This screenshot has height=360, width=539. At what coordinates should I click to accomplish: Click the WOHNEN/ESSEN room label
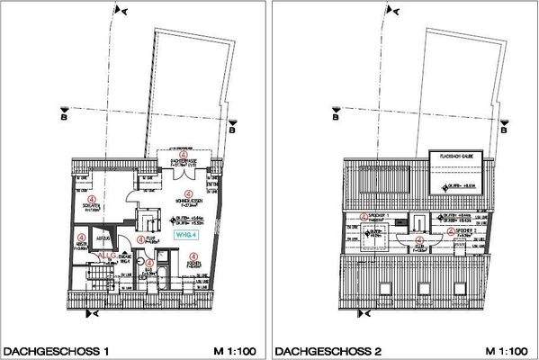click(187, 201)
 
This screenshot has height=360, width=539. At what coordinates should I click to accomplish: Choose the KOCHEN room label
click(193, 262)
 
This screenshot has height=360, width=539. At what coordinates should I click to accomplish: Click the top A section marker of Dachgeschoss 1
click(121, 10)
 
